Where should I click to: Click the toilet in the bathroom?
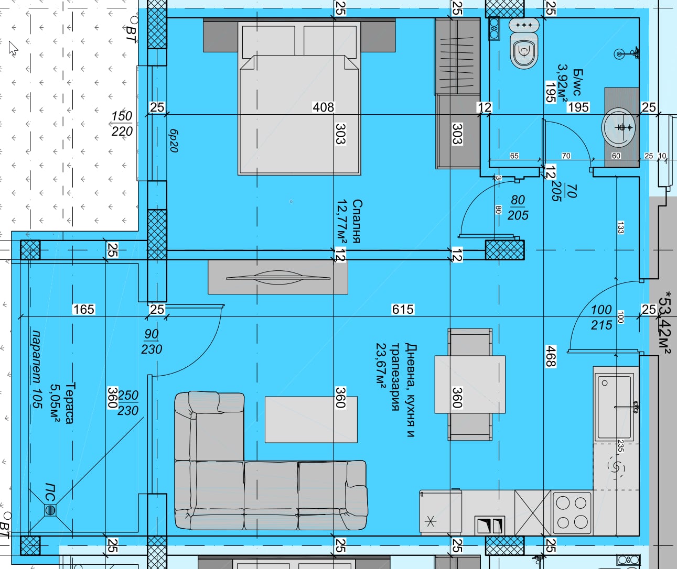(524, 43)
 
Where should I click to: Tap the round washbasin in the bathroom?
(619, 128)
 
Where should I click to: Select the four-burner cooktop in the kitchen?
(572, 513)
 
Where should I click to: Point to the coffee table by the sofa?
(311, 419)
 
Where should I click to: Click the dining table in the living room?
(470, 384)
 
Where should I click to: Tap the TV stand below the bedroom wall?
(277, 277)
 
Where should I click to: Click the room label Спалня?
(357, 221)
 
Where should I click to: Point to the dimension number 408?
(323, 107)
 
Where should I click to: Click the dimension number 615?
(403, 309)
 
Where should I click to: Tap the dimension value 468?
(551, 356)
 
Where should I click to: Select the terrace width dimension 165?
(84, 309)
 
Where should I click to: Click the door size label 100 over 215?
(601, 317)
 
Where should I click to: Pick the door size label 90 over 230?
(152, 342)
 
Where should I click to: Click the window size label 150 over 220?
(122, 124)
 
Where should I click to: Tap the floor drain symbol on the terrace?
(50, 510)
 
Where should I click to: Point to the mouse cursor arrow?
(13, 48)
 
